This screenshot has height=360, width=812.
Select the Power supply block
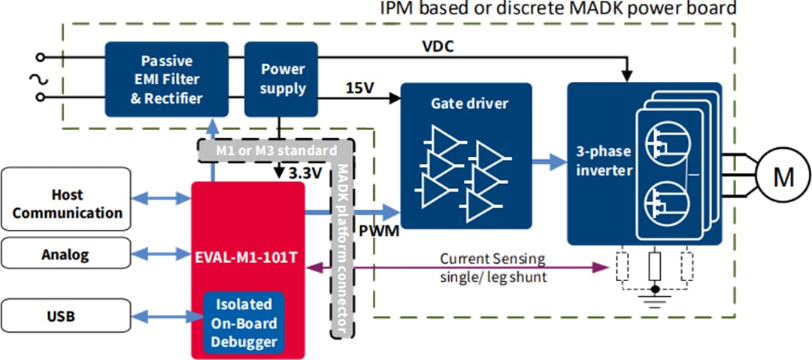tap(283, 79)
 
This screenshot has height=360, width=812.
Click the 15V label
tap(359, 88)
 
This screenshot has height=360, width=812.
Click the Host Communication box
tap(67, 204)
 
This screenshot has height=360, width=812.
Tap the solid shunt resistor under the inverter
tap(655, 268)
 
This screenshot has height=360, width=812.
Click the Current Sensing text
tap(492, 259)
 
